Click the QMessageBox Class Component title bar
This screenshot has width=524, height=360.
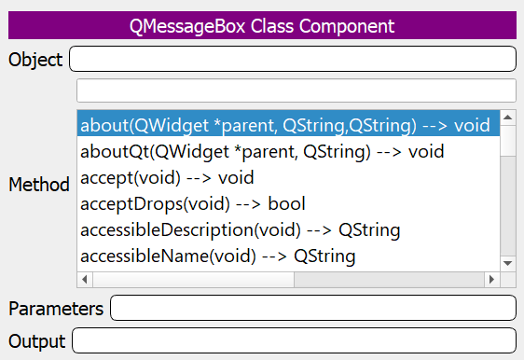(261, 25)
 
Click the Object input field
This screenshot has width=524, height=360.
(292, 60)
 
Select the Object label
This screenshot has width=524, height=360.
(35, 61)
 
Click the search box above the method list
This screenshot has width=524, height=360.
(296, 90)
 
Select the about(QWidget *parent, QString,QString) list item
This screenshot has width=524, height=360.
(284, 124)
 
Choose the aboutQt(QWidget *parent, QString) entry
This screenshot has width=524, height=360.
(262, 151)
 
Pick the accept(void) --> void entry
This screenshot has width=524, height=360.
(168, 177)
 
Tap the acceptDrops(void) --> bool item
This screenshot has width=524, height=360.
(193, 203)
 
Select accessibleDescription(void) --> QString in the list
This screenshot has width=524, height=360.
(241, 229)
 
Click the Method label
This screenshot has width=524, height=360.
(39, 186)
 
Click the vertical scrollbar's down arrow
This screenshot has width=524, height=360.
(508, 263)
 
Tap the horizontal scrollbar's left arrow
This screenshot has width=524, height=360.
(85, 279)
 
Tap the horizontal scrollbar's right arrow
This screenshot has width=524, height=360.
(492, 279)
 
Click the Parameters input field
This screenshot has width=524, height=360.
(312, 308)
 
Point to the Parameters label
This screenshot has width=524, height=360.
(55, 308)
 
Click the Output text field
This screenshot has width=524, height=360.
(293, 341)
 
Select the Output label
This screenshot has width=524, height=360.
(37, 341)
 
